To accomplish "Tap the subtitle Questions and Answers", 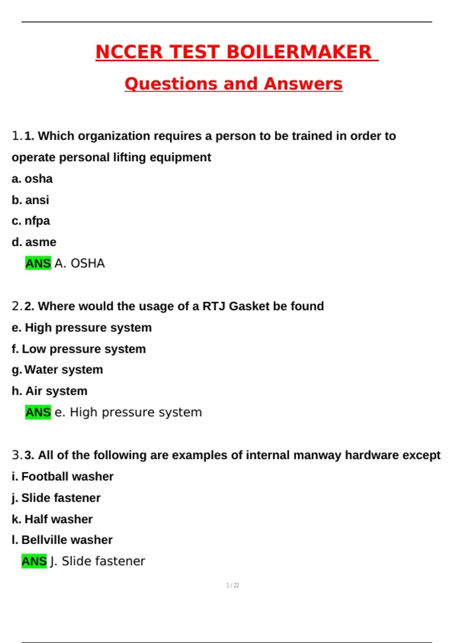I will pos(233,84).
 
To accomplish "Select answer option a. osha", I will pos(32,179).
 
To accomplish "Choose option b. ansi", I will pos(30,200).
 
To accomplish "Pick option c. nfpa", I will pos(31,221).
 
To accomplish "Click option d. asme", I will pos(34,242).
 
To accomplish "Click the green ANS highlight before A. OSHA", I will pos(38,263).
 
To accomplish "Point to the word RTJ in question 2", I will pos(214,306).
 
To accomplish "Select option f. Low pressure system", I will pos(79,349).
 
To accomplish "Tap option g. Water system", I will pos(57,370).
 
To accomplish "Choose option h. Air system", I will pos(50,391).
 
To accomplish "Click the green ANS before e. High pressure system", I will pos(38,412).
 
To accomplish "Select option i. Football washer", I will pos(62,477).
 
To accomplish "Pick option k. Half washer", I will pos(52,519).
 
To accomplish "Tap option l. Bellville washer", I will pos(62,540).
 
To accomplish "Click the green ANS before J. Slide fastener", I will pos(34,561).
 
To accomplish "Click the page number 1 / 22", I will pos(233,586).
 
